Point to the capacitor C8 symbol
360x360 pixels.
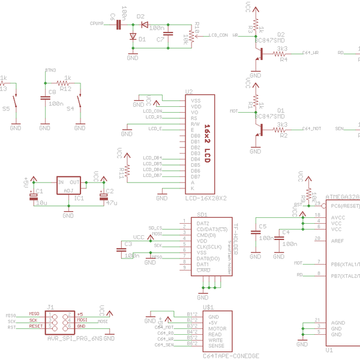(x=45, y=98)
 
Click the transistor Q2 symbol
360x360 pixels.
(x=259, y=53)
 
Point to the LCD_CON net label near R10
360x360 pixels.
(x=218, y=35)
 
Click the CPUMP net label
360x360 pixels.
(x=97, y=23)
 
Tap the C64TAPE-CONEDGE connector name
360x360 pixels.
(x=231, y=356)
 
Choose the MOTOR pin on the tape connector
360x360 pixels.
(x=217, y=328)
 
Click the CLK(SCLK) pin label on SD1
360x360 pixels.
(x=209, y=247)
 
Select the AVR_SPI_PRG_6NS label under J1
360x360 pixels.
(x=74, y=338)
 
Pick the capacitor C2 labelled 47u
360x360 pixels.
(x=103, y=193)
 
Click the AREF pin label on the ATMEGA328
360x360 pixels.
(x=338, y=241)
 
